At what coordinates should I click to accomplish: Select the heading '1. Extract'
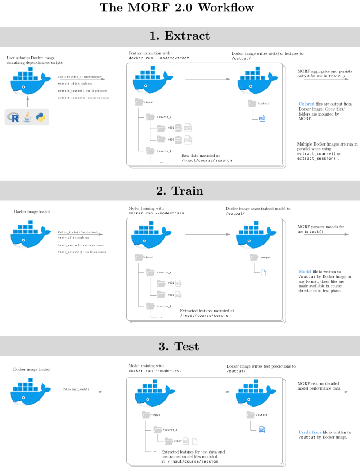180,36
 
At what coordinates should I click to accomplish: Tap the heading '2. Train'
180,191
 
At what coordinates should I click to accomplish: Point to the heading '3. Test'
180,346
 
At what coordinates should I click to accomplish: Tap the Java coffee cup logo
28,117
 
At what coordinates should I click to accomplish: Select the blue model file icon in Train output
264,272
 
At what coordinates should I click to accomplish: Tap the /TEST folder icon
169,441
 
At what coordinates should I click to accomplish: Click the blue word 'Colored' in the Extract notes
306,104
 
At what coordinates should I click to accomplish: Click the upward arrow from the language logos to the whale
27,100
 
